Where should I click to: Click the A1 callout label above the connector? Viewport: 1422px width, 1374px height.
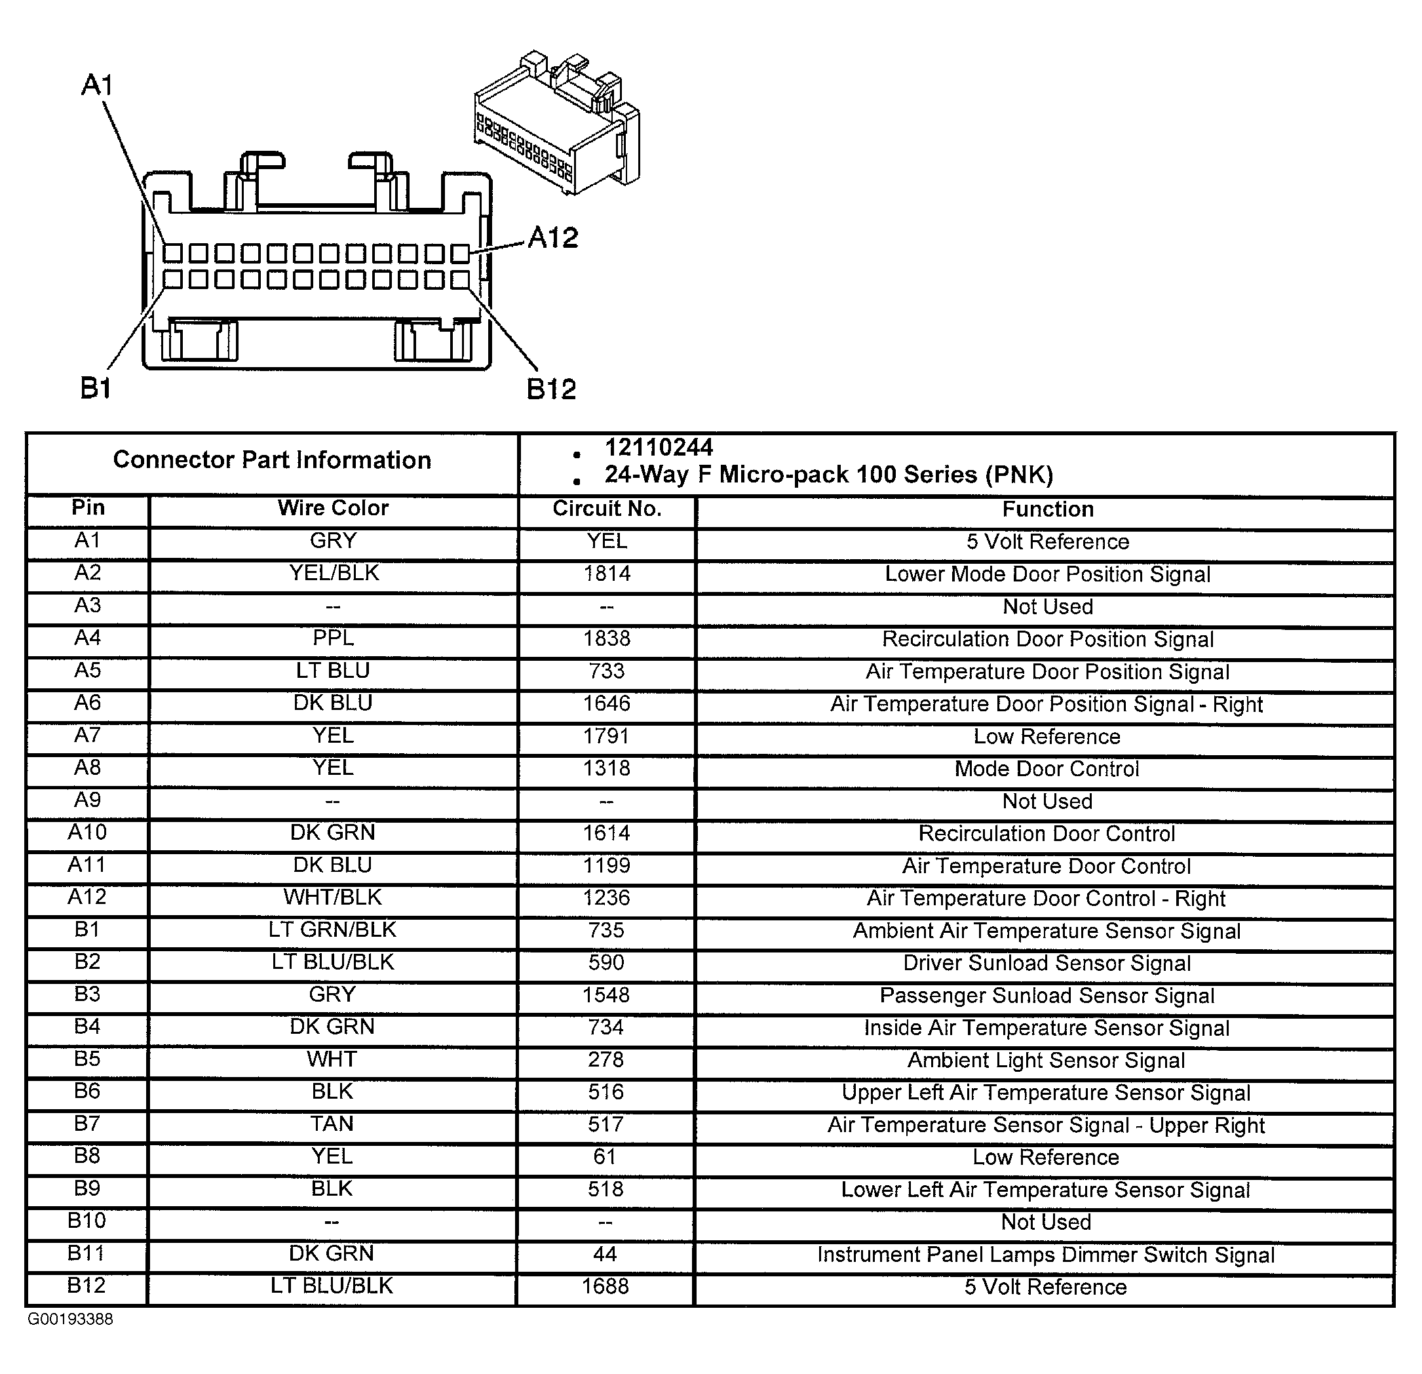tap(97, 86)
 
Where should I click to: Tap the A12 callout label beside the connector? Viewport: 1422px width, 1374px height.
tap(553, 238)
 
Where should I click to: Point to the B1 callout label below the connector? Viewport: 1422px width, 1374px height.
tap(96, 389)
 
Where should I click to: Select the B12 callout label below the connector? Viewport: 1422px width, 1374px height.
tap(551, 390)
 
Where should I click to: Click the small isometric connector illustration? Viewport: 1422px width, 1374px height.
tap(557, 122)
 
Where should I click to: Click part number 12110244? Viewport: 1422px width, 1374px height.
tap(659, 448)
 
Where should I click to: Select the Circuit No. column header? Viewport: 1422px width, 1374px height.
tap(607, 509)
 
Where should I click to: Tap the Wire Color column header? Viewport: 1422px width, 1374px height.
tap(333, 508)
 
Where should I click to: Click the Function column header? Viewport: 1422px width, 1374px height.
tap(1048, 509)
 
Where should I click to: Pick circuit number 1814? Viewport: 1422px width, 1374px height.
tap(607, 574)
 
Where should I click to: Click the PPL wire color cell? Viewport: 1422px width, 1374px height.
tap(333, 638)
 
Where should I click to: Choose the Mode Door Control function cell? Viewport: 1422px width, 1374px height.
tap(1047, 769)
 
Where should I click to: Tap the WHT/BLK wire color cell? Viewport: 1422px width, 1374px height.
tap(333, 898)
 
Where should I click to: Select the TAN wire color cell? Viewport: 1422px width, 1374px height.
tap(332, 1124)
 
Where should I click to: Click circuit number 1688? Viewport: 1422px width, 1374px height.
tap(605, 1287)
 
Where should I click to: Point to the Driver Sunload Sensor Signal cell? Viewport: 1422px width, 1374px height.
tap(1047, 963)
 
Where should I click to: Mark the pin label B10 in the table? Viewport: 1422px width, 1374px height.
tap(87, 1221)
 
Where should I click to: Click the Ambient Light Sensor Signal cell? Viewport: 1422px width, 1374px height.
tap(1046, 1061)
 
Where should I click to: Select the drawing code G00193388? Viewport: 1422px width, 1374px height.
tap(70, 1320)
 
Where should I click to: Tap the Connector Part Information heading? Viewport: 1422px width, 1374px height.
tap(272, 460)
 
